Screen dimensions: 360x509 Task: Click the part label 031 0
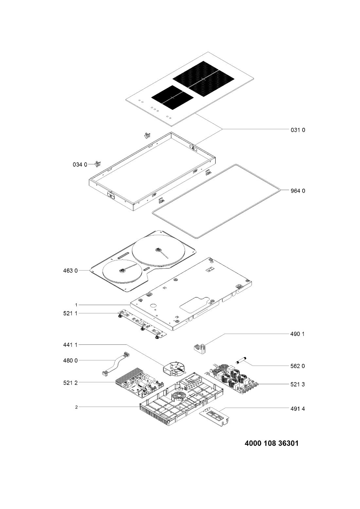tap(298, 130)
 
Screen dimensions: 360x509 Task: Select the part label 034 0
tap(80, 165)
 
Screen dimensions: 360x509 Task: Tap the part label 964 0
tap(298, 191)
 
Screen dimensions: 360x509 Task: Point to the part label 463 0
tap(70, 271)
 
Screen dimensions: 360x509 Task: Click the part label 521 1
tap(70, 313)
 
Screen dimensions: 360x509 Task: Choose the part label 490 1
tap(298, 334)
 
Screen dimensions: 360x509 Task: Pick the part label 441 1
tap(70, 345)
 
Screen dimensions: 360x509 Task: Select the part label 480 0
tap(70, 360)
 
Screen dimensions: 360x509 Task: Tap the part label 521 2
tap(70, 383)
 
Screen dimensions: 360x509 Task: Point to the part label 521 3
tap(298, 384)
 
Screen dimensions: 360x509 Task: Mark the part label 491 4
tap(298, 409)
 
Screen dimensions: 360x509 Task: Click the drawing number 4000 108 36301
tap(272, 443)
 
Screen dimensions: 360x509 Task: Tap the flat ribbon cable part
tap(115, 364)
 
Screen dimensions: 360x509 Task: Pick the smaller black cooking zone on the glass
tap(172, 97)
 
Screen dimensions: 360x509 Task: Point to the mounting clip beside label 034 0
tap(99, 164)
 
